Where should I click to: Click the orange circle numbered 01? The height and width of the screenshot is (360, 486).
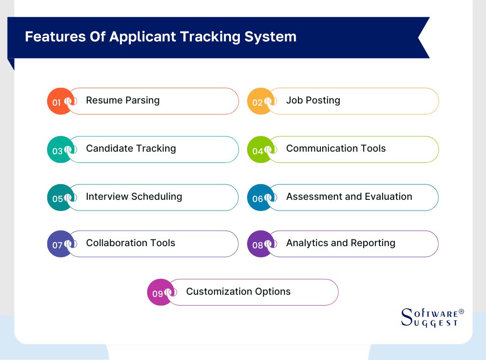coord(60,101)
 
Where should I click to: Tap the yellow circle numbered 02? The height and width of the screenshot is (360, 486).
coord(261,101)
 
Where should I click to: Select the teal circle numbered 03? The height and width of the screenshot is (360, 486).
coord(60,149)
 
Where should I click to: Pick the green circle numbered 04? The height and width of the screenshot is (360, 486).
coord(261,149)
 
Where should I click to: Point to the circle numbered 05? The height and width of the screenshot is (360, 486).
coord(60,198)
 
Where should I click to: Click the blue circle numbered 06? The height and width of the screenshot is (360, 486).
coord(261,198)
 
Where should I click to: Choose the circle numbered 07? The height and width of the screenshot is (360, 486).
coord(60,244)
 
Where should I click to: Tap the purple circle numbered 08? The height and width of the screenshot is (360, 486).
coord(261,244)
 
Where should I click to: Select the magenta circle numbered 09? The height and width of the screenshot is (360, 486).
coord(160,292)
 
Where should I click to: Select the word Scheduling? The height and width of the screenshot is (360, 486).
coord(157,197)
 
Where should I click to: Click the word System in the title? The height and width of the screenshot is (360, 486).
coord(270,37)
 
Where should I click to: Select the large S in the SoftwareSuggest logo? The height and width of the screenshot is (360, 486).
coord(407,317)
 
